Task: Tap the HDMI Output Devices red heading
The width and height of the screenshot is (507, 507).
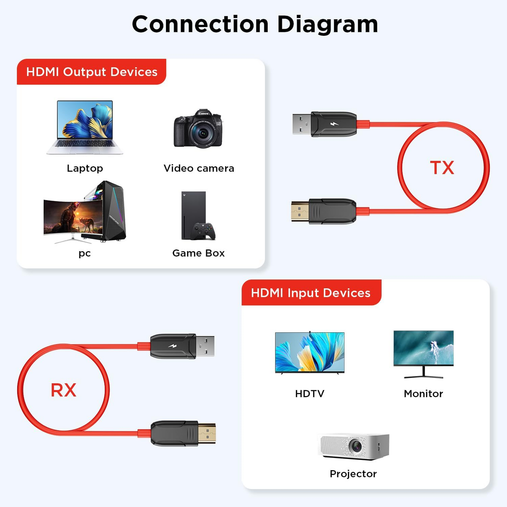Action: point(92,72)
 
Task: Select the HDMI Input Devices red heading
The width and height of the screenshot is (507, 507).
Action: point(311,293)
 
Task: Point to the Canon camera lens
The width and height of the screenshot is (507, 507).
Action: point(203,133)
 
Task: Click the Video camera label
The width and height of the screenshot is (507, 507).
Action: point(199,168)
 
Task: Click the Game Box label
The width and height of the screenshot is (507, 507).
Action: point(198,253)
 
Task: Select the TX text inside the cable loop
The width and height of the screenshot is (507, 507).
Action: point(442,168)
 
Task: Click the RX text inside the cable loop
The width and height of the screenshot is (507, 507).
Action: point(64,390)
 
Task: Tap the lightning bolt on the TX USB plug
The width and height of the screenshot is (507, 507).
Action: point(334,124)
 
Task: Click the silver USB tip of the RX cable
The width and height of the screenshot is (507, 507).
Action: point(205,346)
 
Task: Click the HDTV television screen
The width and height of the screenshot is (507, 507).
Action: point(309,352)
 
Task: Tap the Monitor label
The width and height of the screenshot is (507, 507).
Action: point(423,394)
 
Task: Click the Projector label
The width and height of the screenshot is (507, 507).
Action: point(353,474)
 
